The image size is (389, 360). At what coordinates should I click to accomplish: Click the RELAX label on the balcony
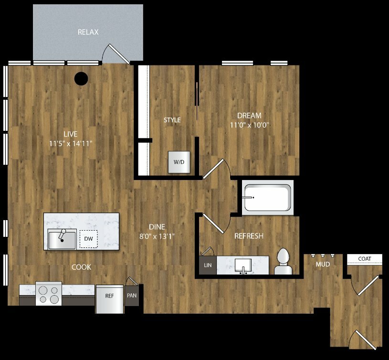(88, 32)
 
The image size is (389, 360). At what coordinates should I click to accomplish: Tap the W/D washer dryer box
(179, 162)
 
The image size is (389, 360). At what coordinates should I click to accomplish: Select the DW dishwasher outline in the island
(89, 239)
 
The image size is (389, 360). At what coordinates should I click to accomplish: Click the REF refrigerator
(110, 299)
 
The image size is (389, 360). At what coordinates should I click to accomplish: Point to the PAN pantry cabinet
(132, 296)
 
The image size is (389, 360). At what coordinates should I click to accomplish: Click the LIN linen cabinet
(208, 265)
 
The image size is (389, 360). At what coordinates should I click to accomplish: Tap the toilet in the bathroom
(283, 262)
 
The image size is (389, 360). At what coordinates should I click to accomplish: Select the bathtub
(268, 198)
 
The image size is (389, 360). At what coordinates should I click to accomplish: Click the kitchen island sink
(62, 239)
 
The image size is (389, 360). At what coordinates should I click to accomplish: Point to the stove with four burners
(49, 294)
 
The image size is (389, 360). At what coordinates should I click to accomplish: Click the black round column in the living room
(81, 78)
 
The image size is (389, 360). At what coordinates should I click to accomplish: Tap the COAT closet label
(365, 259)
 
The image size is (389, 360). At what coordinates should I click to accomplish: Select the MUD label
(323, 265)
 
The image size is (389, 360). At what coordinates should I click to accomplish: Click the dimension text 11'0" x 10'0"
(250, 125)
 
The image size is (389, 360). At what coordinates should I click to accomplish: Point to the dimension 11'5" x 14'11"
(71, 143)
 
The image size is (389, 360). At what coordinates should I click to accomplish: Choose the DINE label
(157, 227)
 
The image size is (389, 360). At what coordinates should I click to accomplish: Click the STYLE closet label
(172, 120)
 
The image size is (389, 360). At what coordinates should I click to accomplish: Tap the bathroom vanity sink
(243, 266)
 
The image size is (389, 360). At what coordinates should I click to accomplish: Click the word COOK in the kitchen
(81, 267)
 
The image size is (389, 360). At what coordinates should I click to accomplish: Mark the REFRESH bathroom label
(249, 236)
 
